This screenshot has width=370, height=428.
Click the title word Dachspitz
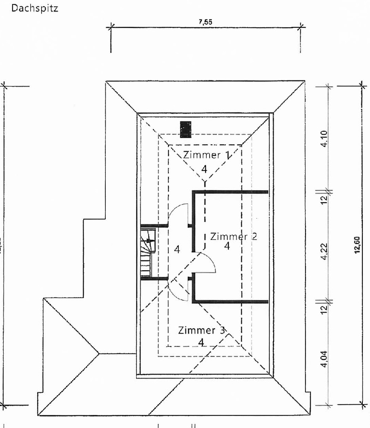[x=35, y=8]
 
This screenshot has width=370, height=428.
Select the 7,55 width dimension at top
[x=206, y=23]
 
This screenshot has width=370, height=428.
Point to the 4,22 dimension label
[x=324, y=252]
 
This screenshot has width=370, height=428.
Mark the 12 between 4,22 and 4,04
[x=324, y=308]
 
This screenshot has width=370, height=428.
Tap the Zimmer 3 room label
[x=202, y=330]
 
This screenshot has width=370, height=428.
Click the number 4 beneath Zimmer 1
[x=204, y=169]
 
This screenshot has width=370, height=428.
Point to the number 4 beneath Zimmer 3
[x=201, y=343]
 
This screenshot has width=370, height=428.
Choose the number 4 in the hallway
[x=177, y=250]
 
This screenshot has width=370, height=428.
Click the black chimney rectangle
[x=185, y=130]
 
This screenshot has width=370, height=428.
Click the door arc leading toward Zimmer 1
[x=177, y=213]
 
